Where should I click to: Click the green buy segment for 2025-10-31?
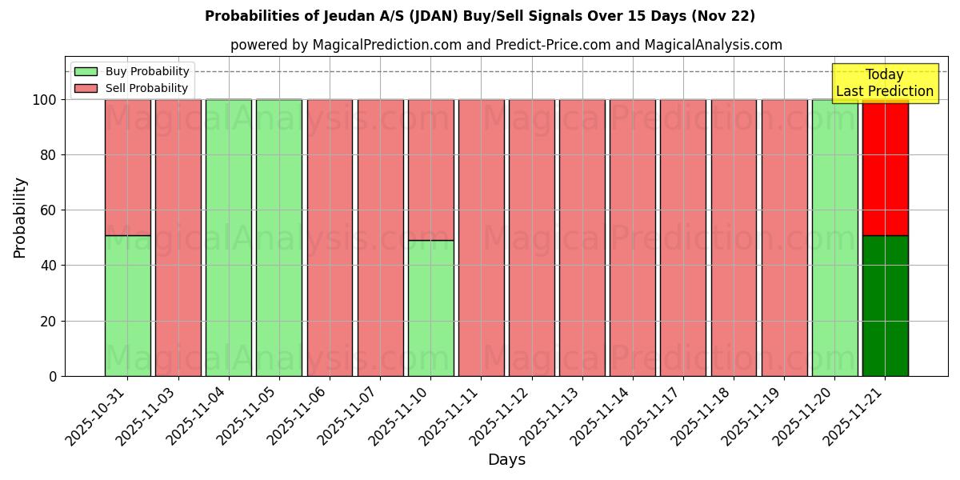[127, 306]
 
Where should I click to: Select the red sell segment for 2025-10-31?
[127, 167]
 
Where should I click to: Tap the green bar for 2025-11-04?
[229, 238]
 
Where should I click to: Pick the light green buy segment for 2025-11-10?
[430, 308]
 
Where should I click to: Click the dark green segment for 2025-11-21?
[885, 306]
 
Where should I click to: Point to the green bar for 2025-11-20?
[834, 238]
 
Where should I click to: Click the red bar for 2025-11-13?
[582, 238]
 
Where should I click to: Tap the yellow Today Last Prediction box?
[885, 83]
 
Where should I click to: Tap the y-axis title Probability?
[20, 218]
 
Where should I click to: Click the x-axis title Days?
[506, 460]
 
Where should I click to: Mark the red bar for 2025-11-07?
[380, 238]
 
